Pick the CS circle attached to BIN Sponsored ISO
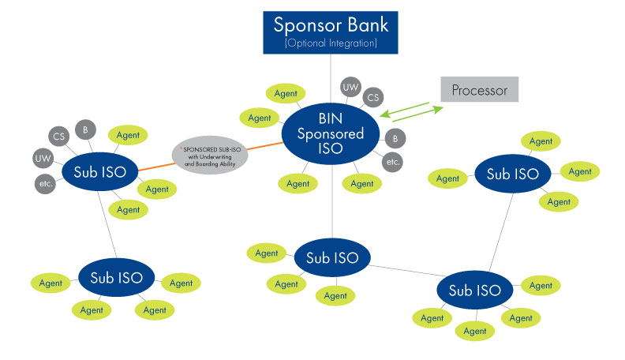[x=374, y=98]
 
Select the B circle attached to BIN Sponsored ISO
[x=395, y=137]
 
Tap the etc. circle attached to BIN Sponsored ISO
[x=391, y=162]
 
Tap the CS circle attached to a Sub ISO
[x=58, y=136]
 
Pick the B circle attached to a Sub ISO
[x=84, y=128]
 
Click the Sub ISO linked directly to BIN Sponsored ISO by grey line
[x=331, y=257]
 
